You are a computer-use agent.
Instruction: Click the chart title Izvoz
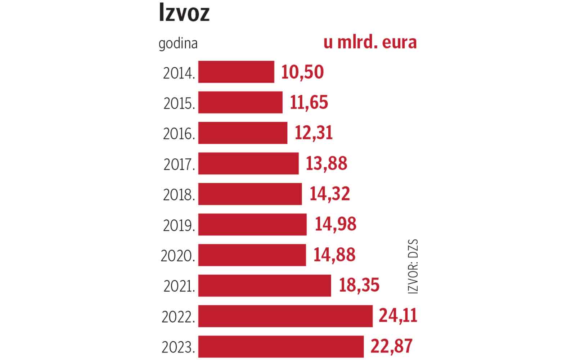pyautogui.click(x=184, y=14)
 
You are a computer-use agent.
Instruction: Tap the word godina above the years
pyautogui.click(x=178, y=44)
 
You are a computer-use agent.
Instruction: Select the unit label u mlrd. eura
pyautogui.click(x=370, y=42)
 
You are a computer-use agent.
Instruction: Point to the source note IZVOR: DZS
pyautogui.click(x=414, y=266)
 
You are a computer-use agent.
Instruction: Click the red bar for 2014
pyautogui.click(x=236, y=72)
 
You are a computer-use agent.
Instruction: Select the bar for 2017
pyautogui.click(x=248, y=163)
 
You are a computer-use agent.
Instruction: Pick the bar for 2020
pyautogui.click(x=252, y=255)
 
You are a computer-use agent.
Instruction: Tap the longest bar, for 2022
pyautogui.click(x=285, y=316)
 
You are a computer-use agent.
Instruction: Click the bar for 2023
pyautogui.click(x=281, y=346)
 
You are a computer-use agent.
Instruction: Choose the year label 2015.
pyautogui.click(x=179, y=104)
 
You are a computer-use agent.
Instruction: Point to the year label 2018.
pyautogui.click(x=179, y=195)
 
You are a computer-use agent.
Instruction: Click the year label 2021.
pyautogui.click(x=179, y=287)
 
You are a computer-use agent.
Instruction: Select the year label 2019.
pyautogui.click(x=179, y=226)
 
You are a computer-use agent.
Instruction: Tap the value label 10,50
pyautogui.click(x=302, y=72)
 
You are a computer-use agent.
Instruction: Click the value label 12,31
pyautogui.click(x=314, y=133)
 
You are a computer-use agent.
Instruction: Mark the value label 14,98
pyautogui.click(x=336, y=224)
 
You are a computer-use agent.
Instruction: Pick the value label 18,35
pyautogui.click(x=359, y=285)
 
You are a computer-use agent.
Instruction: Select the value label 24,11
pyautogui.click(x=398, y=316)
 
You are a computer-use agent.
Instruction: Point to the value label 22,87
pyautogui.click(x=391, y=346)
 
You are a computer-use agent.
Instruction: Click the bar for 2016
pyautogui.click(x=243, y=133)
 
